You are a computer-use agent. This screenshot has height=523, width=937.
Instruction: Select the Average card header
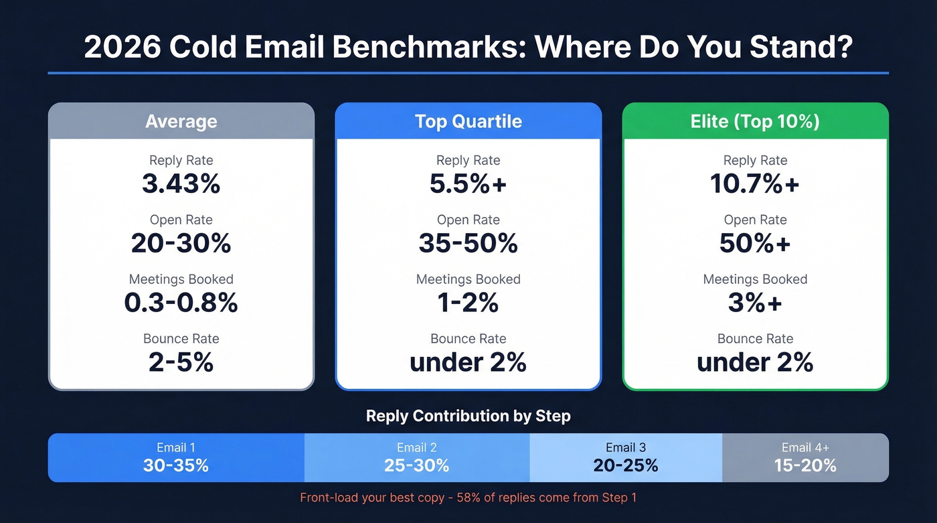tap(181, 121)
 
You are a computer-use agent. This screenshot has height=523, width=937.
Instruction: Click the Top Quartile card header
tap(468, 121)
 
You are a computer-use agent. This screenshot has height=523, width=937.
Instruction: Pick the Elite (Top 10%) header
tap(755, 121)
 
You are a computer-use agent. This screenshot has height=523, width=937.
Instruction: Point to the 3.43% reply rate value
tap(181, 184)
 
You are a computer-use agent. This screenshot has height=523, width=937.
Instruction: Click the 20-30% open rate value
tap(181, 244)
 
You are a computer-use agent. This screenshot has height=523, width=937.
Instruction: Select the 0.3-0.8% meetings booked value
tap(181, 303)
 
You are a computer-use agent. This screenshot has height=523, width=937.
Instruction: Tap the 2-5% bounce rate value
tap(181, 362)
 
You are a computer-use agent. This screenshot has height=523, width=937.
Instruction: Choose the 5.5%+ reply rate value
tap(468, 184)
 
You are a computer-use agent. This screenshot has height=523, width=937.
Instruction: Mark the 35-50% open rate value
tap(468, 244)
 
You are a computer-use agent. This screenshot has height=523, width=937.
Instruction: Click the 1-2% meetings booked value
tap(468, 303)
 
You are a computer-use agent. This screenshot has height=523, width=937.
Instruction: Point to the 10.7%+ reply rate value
tap(755, 184)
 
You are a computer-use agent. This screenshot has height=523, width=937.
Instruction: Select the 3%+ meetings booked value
tap(755, 303)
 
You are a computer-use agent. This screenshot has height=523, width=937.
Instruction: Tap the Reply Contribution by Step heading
tap(468, 416)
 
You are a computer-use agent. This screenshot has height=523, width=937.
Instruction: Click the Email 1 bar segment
tap(176, 457)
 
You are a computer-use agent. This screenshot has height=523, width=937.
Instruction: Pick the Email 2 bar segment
tap(416, 457)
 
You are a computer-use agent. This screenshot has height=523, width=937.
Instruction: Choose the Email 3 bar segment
tap(625, 457)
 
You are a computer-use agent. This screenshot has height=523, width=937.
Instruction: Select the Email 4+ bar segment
tap(805, 457)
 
